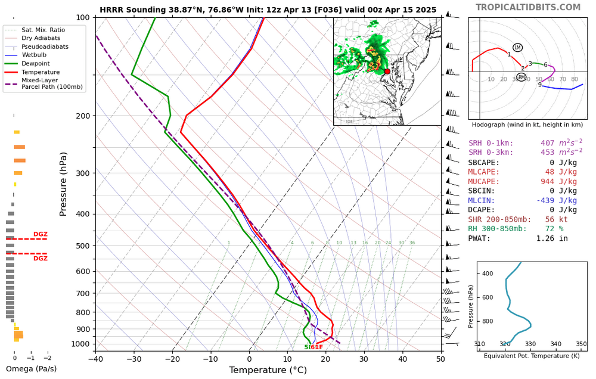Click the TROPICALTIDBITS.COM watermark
point(536,7)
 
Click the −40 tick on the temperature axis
point(95,358)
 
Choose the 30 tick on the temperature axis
point(364,358)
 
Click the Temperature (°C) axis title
point(268,370)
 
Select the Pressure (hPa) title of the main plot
point(64,184)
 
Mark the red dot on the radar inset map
point(387,72)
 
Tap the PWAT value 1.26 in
point(557,239)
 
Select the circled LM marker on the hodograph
point(517,48)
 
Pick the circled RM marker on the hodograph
point(521,77)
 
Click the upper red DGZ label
point(40,234)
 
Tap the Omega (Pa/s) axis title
point(31,369)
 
